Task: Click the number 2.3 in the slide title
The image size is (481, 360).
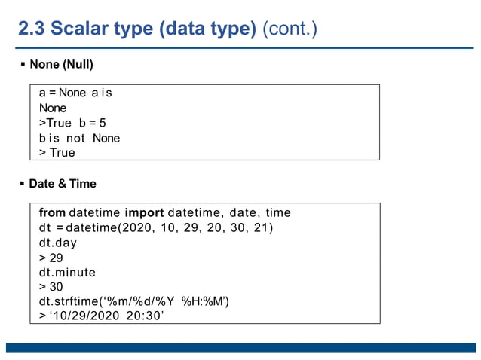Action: tap(33, 29)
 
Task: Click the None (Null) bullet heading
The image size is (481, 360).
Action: tap(61, 64)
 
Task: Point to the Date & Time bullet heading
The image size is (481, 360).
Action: tap(63, 184)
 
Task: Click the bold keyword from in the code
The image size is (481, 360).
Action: tap(52, 212)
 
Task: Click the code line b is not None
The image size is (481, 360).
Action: tap(79, 138)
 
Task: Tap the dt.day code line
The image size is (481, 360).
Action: tap(58, 243)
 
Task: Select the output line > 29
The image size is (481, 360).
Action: tap(51, 258)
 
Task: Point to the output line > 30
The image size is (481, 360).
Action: tap(51, 287)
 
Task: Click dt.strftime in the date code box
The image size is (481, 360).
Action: tap(69, 301)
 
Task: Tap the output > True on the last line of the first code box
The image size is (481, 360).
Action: tap(57, 153)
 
